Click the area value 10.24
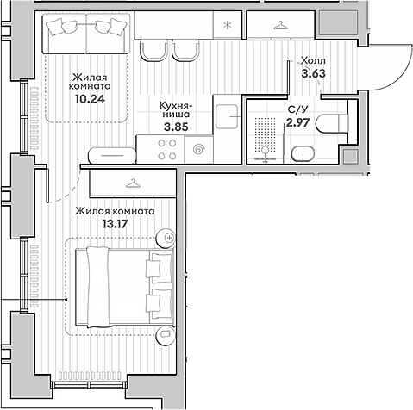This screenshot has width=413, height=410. click(90, 99)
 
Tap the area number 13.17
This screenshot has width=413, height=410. click(115, 224)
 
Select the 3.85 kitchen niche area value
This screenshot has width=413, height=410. click(176, 127)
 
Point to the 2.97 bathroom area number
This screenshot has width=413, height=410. click(297, 122)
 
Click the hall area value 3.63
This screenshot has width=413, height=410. click(313, 73)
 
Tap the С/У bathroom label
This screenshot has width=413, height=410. click(297, 109)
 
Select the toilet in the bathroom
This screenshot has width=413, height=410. click(332, 123)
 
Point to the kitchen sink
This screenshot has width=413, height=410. click(227, 116)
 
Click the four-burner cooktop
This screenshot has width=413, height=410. click(166, 149)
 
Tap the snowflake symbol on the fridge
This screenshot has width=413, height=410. click(228, 25)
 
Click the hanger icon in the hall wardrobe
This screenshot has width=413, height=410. click(280, 26)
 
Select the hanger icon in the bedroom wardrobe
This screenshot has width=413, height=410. click(133, 183)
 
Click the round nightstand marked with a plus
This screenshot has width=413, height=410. click(166, 238)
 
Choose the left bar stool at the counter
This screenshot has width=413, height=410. click(153, 51)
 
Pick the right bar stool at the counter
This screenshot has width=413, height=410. click(185, 51)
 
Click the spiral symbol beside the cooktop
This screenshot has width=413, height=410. click(199, 149)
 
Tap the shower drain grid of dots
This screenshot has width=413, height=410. click(265, 132)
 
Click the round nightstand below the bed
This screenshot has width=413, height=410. click(166, 334)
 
